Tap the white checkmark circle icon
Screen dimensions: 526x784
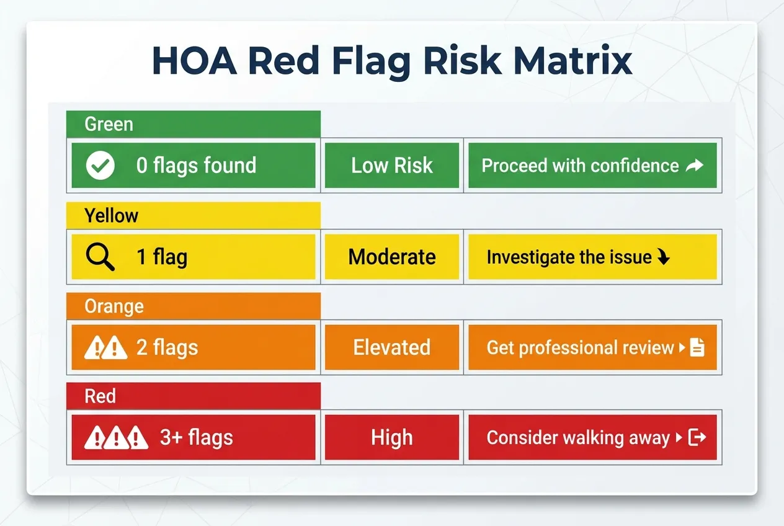100,166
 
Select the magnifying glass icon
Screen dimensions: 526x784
100,256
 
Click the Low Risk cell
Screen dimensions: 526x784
392,166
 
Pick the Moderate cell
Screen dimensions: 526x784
392,257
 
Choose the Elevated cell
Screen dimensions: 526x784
392,347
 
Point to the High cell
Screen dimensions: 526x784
392,438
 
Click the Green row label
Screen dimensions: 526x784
109,124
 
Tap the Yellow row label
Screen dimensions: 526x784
112,215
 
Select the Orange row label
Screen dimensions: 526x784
114,306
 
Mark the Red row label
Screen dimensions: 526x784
100,396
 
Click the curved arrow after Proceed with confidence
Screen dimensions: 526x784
695,166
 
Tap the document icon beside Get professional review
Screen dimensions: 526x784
697,347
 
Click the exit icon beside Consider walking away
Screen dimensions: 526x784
698,437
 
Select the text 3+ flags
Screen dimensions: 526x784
197,438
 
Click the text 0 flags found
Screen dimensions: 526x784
196,166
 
